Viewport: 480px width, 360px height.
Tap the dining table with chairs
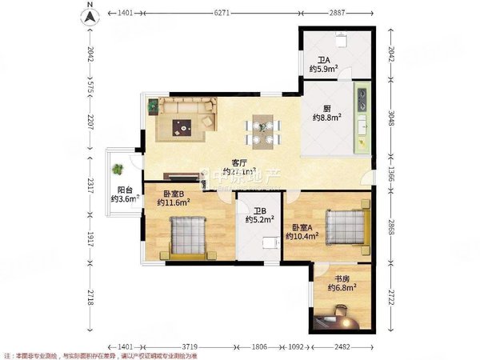[262, 131]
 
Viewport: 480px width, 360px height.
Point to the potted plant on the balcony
[119, 170]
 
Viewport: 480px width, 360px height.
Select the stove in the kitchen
[362, 99]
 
